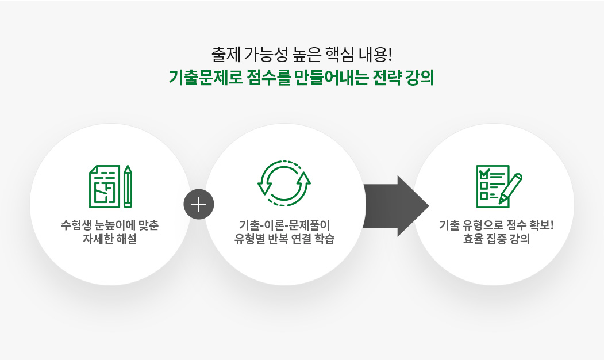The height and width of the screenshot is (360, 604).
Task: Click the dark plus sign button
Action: pyautogui.click(x=199, y=204)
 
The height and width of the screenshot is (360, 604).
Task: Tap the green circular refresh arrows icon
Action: pyautogui.click(x=284, y=183)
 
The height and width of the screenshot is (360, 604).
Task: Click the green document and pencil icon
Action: pyautogui.click(x=110, y=186)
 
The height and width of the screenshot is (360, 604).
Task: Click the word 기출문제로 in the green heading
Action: pyautogui.click(x=206, y=78)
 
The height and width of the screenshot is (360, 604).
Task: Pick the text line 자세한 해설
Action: pyautogui.click(x=110, y=239)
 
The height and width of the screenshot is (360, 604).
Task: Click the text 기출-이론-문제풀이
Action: pyautogui.click(x=284, y=225)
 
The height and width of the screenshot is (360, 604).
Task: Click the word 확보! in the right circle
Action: pyautogui.click(x=541, y=225)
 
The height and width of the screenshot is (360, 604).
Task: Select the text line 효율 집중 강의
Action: pyautogui.click(x=496, y=239)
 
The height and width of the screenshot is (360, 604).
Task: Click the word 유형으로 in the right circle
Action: pyautogui.click(x=482, y=225)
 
